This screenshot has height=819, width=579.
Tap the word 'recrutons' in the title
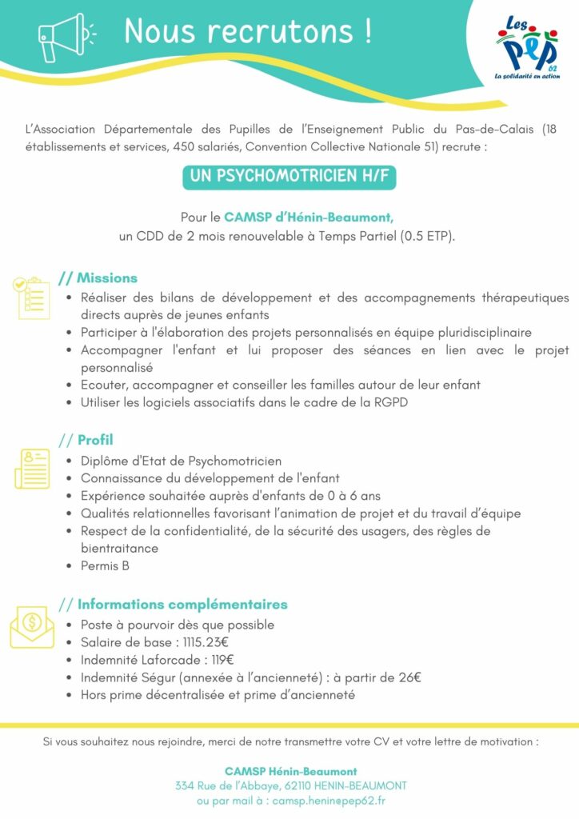pos(271,31)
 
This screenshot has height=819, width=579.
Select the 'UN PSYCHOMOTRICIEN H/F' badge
pos(289,177)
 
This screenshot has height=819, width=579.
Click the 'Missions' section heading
pos(107,278)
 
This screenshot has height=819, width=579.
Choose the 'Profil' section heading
pos(95,440)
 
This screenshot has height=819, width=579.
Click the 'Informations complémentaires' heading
pos(182,604)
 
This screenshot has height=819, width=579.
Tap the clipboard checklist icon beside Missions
pos(30,298)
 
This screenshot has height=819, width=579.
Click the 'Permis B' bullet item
pos(105,566)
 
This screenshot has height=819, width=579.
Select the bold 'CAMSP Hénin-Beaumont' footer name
pos(290,771)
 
